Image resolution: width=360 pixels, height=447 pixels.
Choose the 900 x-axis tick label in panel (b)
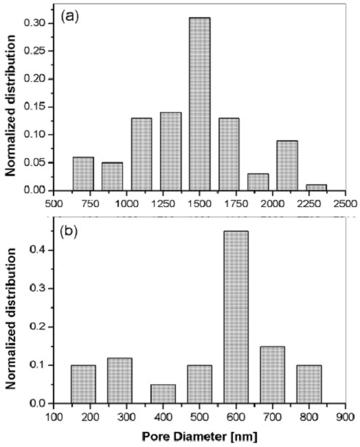click(x=346, y=417)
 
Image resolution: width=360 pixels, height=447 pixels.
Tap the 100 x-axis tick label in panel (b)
click(x=54, y=417)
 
